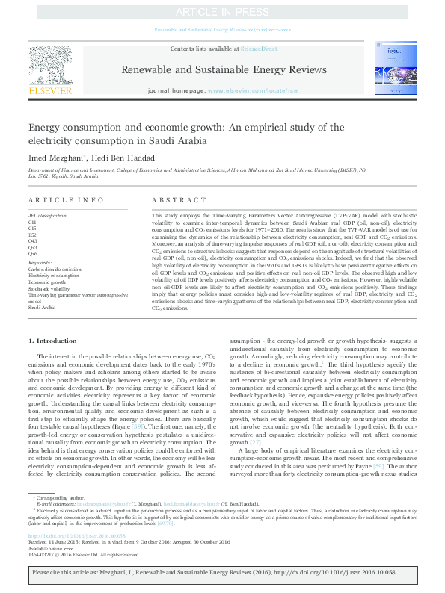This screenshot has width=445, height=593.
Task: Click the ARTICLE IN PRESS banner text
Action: (222, 13)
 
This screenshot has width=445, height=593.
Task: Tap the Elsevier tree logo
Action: (50, 65)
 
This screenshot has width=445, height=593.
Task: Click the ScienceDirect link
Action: (259, 49)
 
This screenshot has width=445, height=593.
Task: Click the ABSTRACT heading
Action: (174, 200)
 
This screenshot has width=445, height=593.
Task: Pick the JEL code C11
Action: (32, 223)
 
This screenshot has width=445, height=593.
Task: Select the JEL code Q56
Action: (32, 253)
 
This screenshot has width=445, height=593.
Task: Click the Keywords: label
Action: (40, 262)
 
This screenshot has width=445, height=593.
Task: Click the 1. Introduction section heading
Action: (56, 341)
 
